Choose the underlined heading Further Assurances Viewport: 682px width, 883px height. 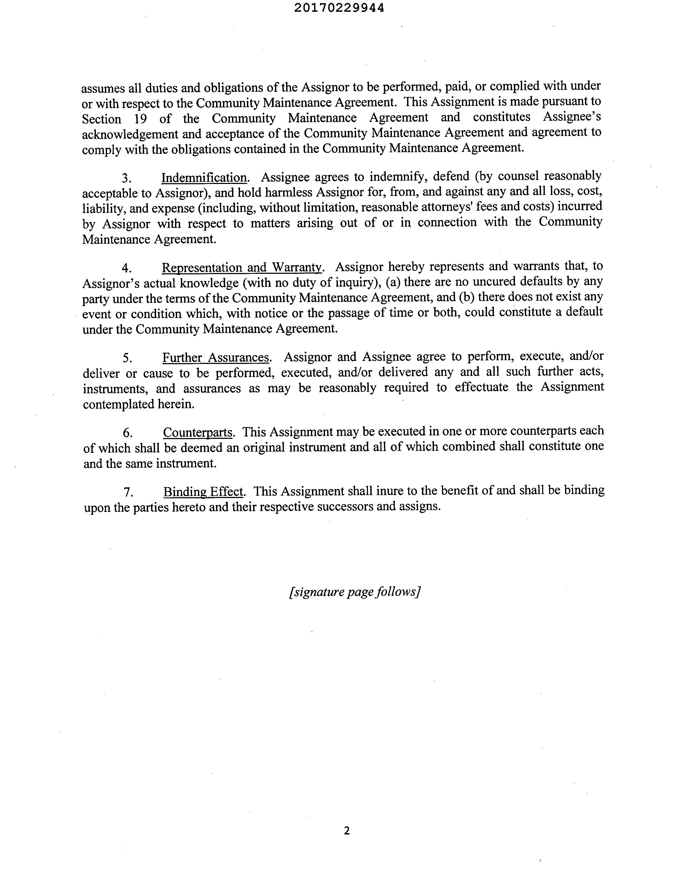(x=216, y=358)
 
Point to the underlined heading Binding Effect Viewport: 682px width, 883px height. (x=204, y=492)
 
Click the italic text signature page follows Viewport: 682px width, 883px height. (x=355, y=592)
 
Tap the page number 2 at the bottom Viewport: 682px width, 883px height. (x=346, y=831)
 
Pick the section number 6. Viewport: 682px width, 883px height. (x=128, y=433)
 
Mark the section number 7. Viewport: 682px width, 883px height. (x=128, y=492)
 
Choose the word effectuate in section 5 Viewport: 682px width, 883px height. (x=481, y=387)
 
